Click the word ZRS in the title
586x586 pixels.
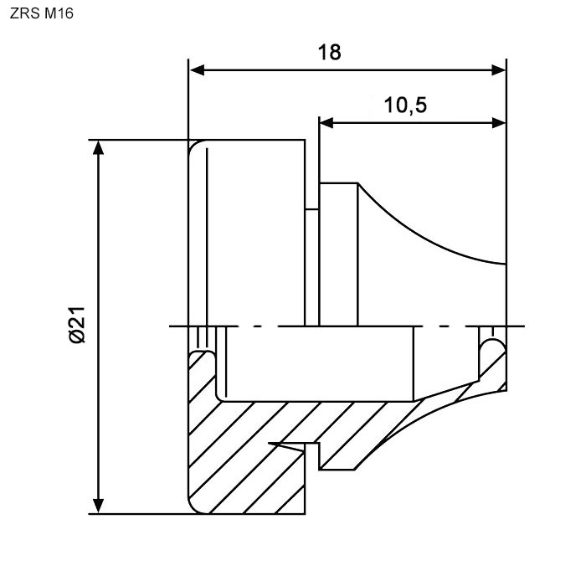point(23,14)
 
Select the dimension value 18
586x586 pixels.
point(330,53)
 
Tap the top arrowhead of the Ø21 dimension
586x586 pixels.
point(99,148)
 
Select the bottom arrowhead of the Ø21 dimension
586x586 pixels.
point(99,505)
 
